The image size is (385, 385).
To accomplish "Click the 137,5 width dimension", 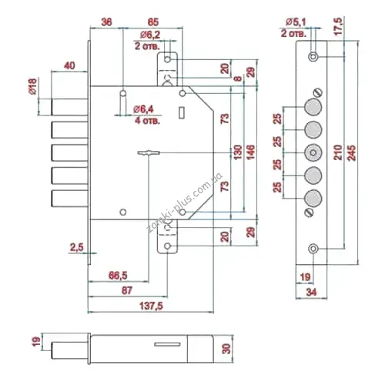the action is point(151,306).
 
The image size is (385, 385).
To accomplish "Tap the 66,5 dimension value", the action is point(118,276).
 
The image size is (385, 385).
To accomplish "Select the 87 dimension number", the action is point(127,290).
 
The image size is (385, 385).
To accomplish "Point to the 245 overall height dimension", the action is point(351,153).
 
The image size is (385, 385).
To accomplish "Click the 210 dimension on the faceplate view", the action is point(338,152).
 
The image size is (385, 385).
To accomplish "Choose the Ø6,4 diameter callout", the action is point(143,109).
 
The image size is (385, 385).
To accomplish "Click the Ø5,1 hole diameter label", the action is point(296,22).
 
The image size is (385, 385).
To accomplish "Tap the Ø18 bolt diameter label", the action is point(33,86).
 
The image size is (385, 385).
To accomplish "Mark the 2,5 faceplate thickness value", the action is point(77,247).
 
